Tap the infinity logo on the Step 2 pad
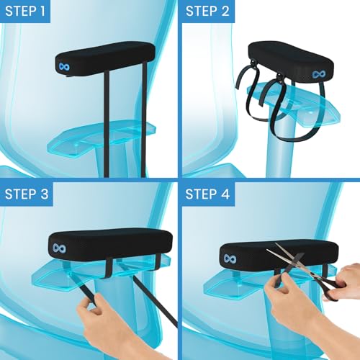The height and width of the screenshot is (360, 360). click(318, 74)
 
